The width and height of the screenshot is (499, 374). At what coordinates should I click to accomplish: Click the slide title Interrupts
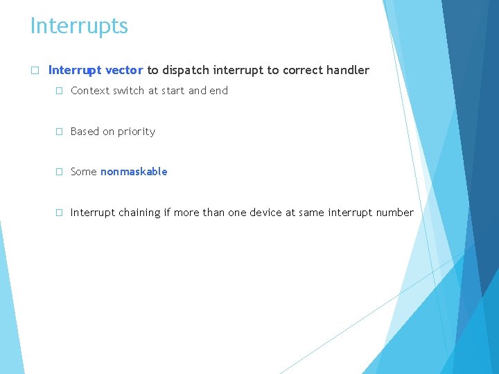pos(79,26)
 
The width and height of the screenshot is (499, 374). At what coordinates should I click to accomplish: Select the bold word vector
pos(124,70)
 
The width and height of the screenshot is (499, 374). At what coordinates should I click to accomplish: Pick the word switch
pos(130,91)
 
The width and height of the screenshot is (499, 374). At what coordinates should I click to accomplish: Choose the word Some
pos(84,172)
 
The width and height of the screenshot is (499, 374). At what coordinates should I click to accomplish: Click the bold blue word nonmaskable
pos(134,172)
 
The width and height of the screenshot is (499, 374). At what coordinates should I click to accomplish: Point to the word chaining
pos(139,213)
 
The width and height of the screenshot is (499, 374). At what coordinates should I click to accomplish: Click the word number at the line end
pos(394,213)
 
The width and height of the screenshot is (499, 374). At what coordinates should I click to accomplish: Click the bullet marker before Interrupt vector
pos(34,71)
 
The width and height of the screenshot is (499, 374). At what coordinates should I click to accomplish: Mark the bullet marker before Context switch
pos(60,91)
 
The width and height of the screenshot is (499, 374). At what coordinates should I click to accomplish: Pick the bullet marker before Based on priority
pos(60,132)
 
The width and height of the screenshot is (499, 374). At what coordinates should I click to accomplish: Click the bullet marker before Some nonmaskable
pos(60,172)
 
